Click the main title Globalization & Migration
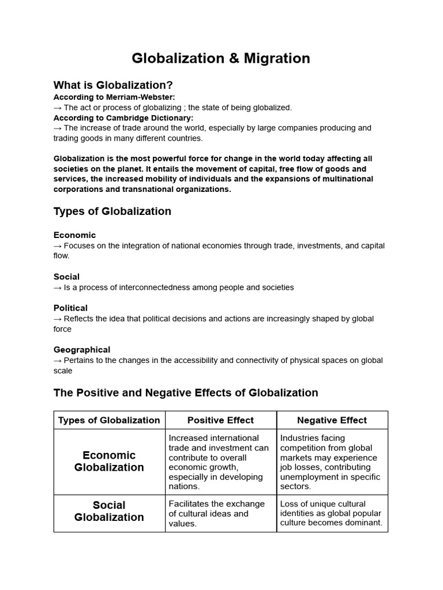coord(221,58)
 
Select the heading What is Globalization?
coord(113,85)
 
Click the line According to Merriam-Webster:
coord(114,97)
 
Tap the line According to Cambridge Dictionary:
coord(123,118)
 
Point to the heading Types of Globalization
coord(112,211)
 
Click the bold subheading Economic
coord(75,235)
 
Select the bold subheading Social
coord(67,277)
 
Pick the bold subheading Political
coord(71,308)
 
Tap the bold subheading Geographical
coord(82,349)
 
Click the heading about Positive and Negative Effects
coord(186,393)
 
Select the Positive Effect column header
coord(220,420)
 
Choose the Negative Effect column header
coord(332,420)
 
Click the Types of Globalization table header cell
coord(109,420)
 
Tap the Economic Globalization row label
coord(109,462)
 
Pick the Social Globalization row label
coord(109,511)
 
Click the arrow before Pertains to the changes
coord(58,360)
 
